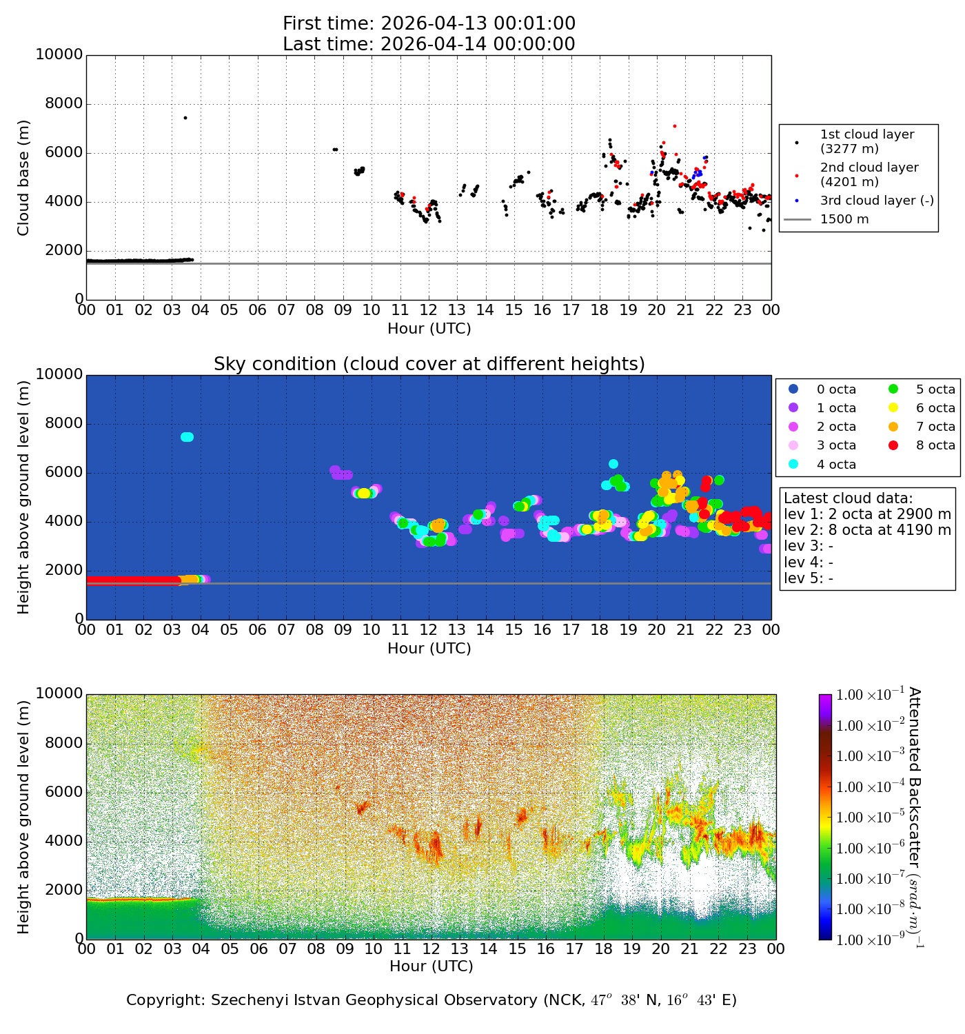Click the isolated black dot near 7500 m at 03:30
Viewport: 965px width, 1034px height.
(x=185, y=118)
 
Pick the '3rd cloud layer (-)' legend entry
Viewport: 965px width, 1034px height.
(x=876, y=201)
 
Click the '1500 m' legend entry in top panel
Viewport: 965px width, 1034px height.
(x=844, y=220)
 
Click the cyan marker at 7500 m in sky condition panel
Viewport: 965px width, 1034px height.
(x=187, y=437)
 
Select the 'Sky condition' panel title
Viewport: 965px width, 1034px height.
(x=429, y=364)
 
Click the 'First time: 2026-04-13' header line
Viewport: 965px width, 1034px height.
(x=429, y=24)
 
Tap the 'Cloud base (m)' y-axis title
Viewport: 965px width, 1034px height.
(x=24, y=177)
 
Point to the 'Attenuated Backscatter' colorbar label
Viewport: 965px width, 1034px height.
(x=914, y=817)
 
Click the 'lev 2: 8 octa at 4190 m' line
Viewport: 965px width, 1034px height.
(x=867, y=530)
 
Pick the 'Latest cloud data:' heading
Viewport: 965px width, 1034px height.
(x=848, y=498)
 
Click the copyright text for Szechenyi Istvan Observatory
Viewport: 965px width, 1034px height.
(x=431, y=1000)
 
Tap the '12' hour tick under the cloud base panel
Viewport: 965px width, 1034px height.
(x=428, y=310)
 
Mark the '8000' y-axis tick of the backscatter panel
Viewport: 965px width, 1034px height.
(x=59, y=743)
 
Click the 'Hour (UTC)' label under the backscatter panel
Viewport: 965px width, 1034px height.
(x=431, y=966)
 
